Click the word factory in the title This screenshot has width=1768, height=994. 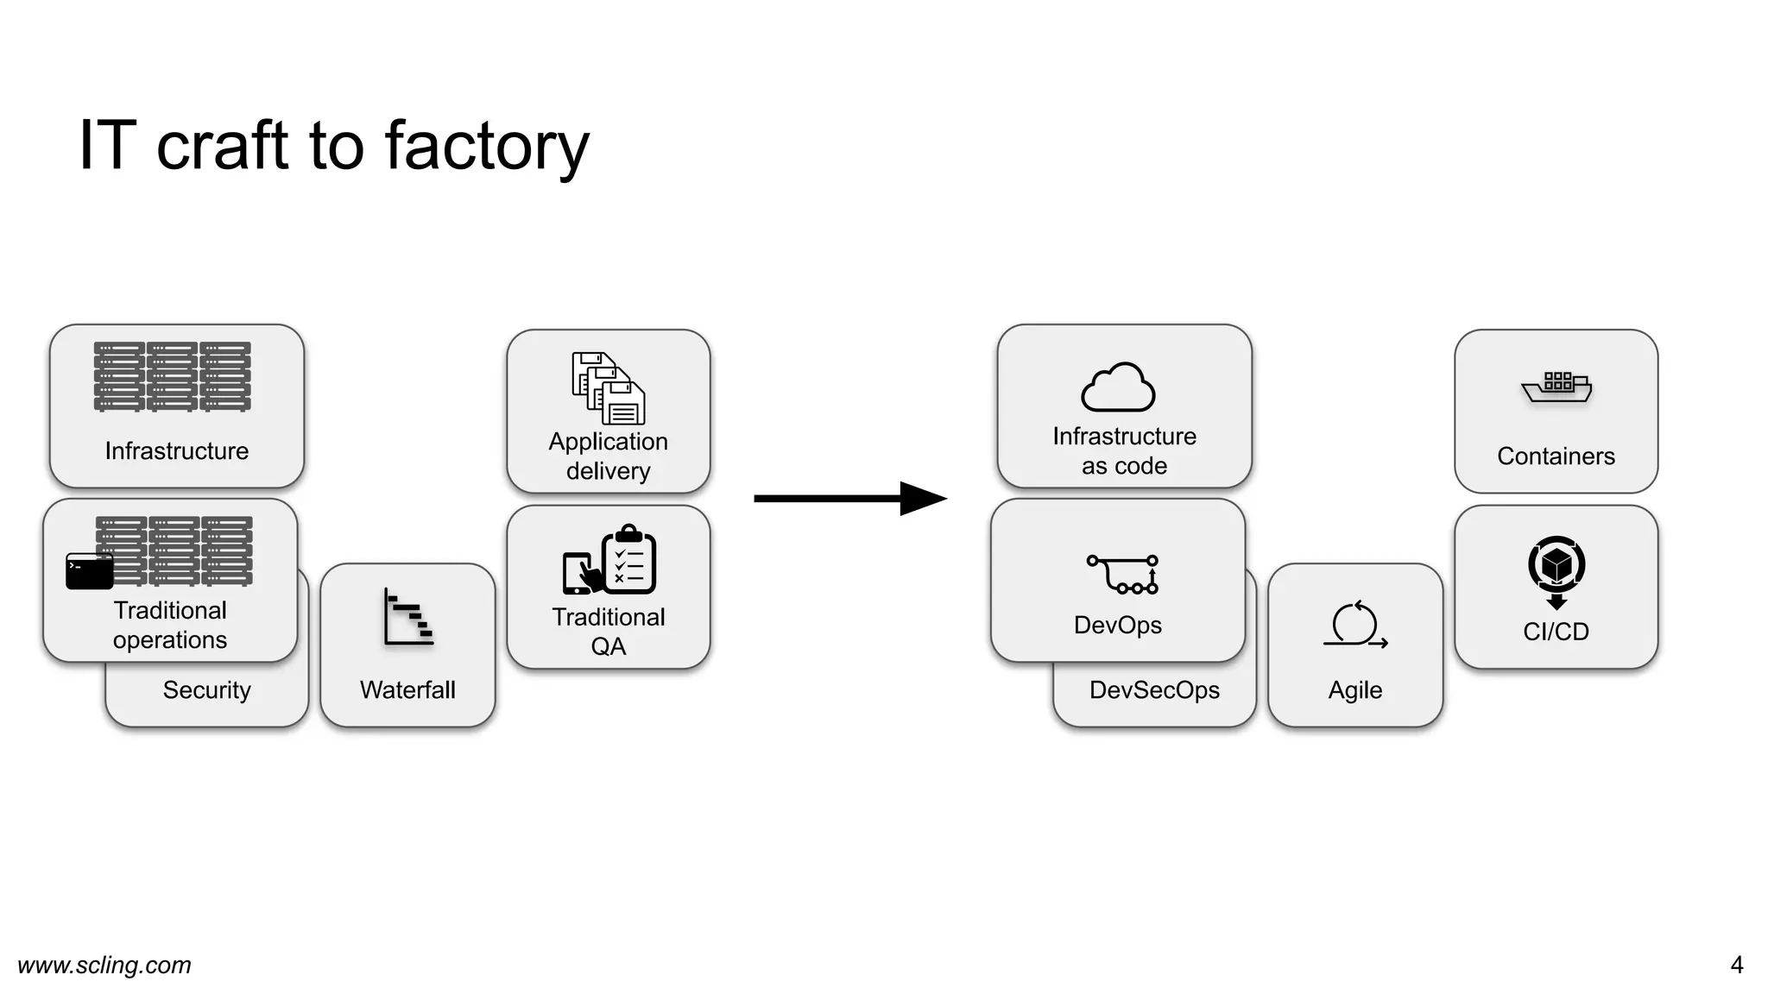coord(486,147)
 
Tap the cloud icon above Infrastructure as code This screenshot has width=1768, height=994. coord(1118,387)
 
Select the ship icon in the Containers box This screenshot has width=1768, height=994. coord(1556,387)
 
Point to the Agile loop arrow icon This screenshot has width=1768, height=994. coord(1354,624)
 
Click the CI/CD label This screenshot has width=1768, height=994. coord(1556,632)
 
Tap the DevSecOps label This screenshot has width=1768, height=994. coord(1154,690)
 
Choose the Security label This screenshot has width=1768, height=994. coord(206,690)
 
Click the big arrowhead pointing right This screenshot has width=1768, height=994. coord(923,499)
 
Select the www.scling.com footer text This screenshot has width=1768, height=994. coord(104,965)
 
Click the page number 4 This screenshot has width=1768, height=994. coord(1736,965)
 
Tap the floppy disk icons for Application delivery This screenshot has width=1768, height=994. coord(609,388)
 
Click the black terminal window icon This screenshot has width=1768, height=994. coord(90,571)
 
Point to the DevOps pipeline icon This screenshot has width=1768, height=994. coord(1122,575)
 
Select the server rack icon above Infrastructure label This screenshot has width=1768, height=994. coord(173,376)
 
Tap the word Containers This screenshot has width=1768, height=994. coord(1556,456)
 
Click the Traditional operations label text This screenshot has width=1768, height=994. coord(170,625)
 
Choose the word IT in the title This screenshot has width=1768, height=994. coord(107,147)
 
